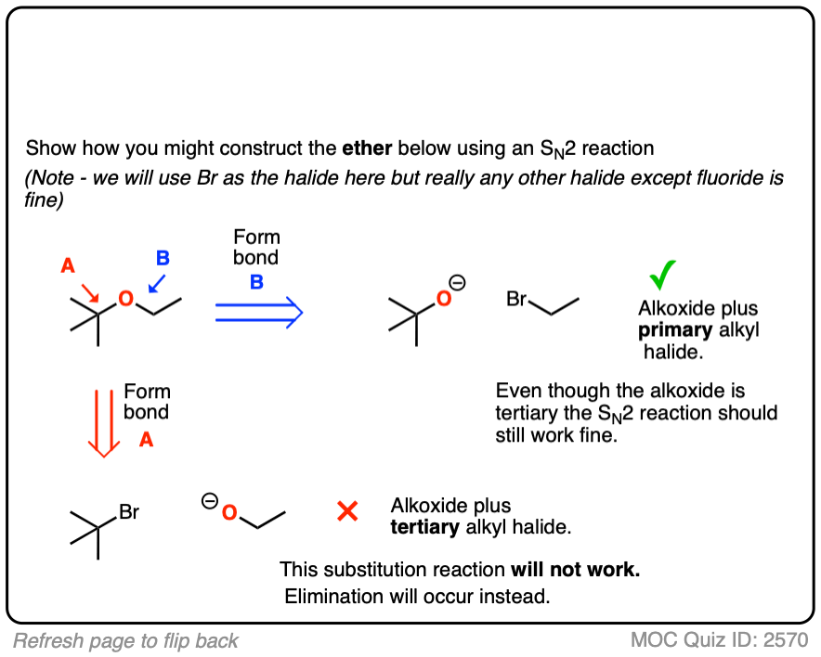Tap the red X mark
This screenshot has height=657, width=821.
click(x=347, y=510)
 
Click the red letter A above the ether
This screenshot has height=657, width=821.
click(x=68, y=266)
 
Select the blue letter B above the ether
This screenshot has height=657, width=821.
click(x=163, y=259)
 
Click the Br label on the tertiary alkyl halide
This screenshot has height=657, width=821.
click(x=129, y=511)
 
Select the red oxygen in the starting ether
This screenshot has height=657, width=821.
click(x=125, y=299)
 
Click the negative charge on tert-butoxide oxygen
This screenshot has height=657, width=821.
click(x=458, y=283)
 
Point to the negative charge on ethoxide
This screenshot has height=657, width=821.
click(x=209, y=502)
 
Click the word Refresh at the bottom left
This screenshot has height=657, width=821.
click(x=46, y=640)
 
